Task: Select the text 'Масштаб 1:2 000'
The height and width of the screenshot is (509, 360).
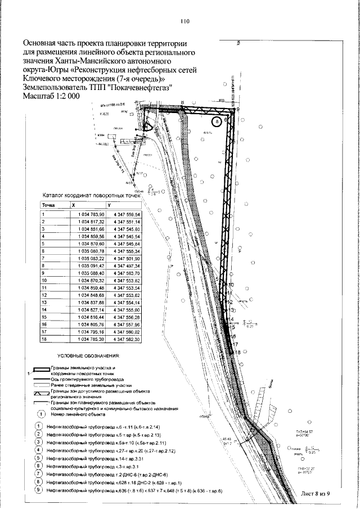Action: pyautogui.click(x=51, y=96)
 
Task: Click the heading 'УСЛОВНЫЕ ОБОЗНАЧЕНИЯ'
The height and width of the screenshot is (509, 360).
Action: pyautogui.click(x=98, y=357)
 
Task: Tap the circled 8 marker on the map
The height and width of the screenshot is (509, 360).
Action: pyautogui.click(x=217, y=120)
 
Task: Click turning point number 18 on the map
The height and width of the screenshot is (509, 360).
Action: pyautogui.click(x=237, y=352)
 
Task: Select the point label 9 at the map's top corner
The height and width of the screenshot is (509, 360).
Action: pyautogui.click(x=237, y=110)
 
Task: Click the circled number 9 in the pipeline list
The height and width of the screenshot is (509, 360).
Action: pyautogui.click(x=38, y=491)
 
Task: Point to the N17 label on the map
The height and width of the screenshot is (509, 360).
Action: pyautogui.click(x=141, y=173)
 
